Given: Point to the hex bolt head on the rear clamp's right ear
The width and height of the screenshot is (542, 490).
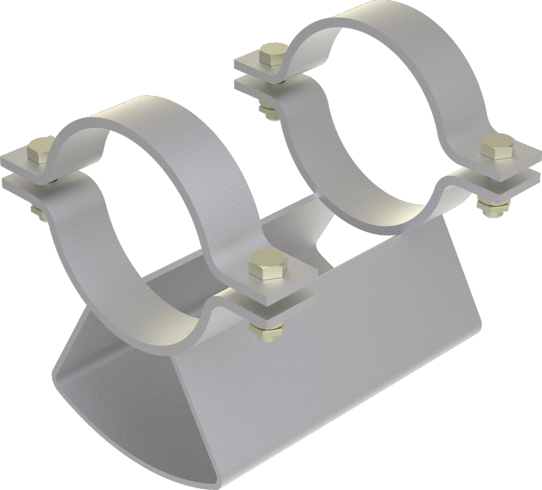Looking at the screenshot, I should click(496, 145).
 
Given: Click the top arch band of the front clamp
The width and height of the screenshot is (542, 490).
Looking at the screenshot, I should click(163, 130).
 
